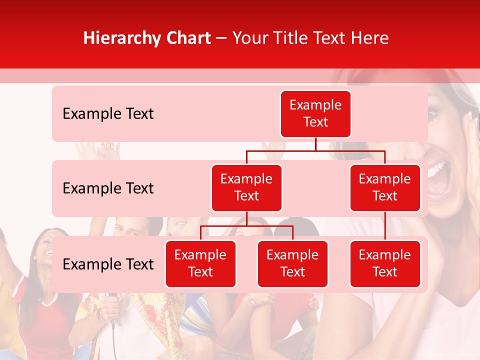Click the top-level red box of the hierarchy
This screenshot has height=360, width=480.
point(315,114)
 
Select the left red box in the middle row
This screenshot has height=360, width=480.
point(246,187)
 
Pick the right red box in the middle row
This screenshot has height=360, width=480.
point(385,187)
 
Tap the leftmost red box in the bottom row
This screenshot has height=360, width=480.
point(200,263)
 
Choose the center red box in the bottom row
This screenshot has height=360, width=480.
point(292,263)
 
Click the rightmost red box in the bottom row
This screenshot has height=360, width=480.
point(385,263)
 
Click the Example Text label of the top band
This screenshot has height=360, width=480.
point(108,114)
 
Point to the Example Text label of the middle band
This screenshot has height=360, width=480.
point(108,188)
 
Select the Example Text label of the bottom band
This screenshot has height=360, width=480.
point(108,264)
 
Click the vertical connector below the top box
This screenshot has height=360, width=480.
point(315,144)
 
